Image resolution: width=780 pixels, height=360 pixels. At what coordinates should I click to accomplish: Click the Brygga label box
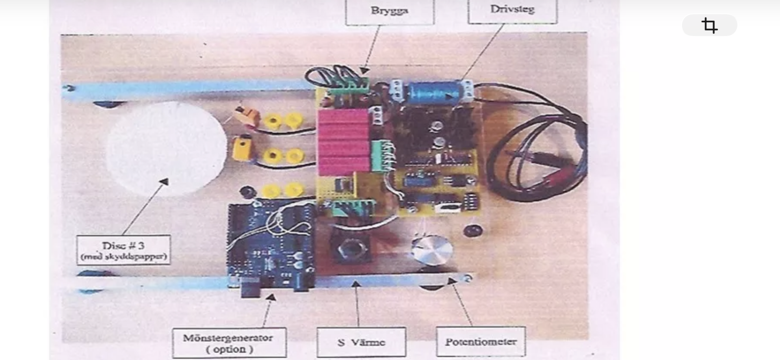coord(390,11)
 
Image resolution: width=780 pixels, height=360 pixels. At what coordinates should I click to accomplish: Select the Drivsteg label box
coord(512,11)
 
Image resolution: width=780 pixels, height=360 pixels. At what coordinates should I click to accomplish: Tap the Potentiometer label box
coord(481,342)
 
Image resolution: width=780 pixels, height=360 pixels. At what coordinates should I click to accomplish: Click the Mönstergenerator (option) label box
coord(229,343)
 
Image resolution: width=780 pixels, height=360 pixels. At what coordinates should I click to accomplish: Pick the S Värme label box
coord(361,343)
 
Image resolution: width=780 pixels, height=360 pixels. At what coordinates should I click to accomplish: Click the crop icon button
coord(709,25)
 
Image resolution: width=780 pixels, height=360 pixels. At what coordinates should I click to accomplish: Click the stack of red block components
coord(343,142)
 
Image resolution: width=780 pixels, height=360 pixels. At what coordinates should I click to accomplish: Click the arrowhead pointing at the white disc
coord(164,182)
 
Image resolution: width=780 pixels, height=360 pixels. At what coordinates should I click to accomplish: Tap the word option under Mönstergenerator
coord(230,349)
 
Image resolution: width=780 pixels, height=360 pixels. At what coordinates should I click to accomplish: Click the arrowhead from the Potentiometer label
coord(452,281)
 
